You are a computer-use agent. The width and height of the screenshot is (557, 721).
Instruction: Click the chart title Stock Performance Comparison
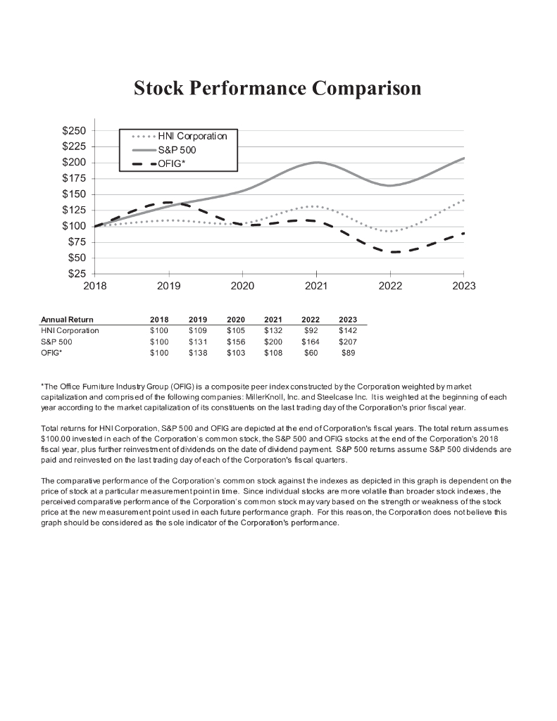tap(277, 88)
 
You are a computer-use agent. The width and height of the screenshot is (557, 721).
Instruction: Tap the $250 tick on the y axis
tap(74, 131)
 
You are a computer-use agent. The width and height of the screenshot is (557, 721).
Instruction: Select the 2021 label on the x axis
tap(316, 286)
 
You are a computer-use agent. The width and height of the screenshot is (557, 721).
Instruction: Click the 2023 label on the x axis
tap(464, 286)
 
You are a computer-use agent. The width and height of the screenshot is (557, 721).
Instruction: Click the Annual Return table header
tap(67, 320)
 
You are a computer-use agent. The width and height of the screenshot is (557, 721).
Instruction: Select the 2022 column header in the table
tap(310, 320)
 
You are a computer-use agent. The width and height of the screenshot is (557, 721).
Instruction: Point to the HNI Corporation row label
tap(70, 330)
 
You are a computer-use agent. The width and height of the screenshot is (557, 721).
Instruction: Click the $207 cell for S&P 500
tap(348, 341)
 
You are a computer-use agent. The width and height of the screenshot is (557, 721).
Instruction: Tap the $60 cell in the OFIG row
tap(311, 353)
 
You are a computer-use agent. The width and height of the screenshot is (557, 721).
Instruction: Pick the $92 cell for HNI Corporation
tap(311, 330)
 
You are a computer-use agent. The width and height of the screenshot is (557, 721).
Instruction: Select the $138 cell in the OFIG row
tap(198, 353)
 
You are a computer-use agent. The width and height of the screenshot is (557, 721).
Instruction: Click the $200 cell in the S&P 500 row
tap(273, 341)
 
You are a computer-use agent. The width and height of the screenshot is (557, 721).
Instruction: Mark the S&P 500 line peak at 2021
tap(317, 163)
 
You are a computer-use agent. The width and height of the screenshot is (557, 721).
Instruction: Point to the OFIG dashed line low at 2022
tap(391, 251)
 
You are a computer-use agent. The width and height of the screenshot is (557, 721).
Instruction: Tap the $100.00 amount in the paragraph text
tap(58, 438)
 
